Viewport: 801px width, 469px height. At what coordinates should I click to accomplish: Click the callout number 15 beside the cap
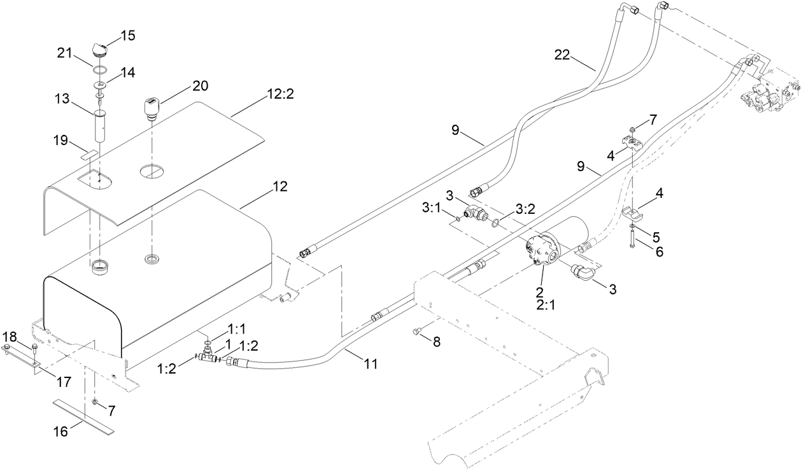128,36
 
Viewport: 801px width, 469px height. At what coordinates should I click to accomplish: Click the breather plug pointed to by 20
152,108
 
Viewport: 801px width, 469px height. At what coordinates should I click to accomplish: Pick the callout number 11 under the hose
371,364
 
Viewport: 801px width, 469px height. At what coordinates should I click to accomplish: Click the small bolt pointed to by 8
417,330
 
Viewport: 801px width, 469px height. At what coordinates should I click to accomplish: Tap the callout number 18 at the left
10,336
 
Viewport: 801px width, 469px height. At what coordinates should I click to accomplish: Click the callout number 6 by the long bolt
659,252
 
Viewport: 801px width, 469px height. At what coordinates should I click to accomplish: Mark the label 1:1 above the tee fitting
237,330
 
